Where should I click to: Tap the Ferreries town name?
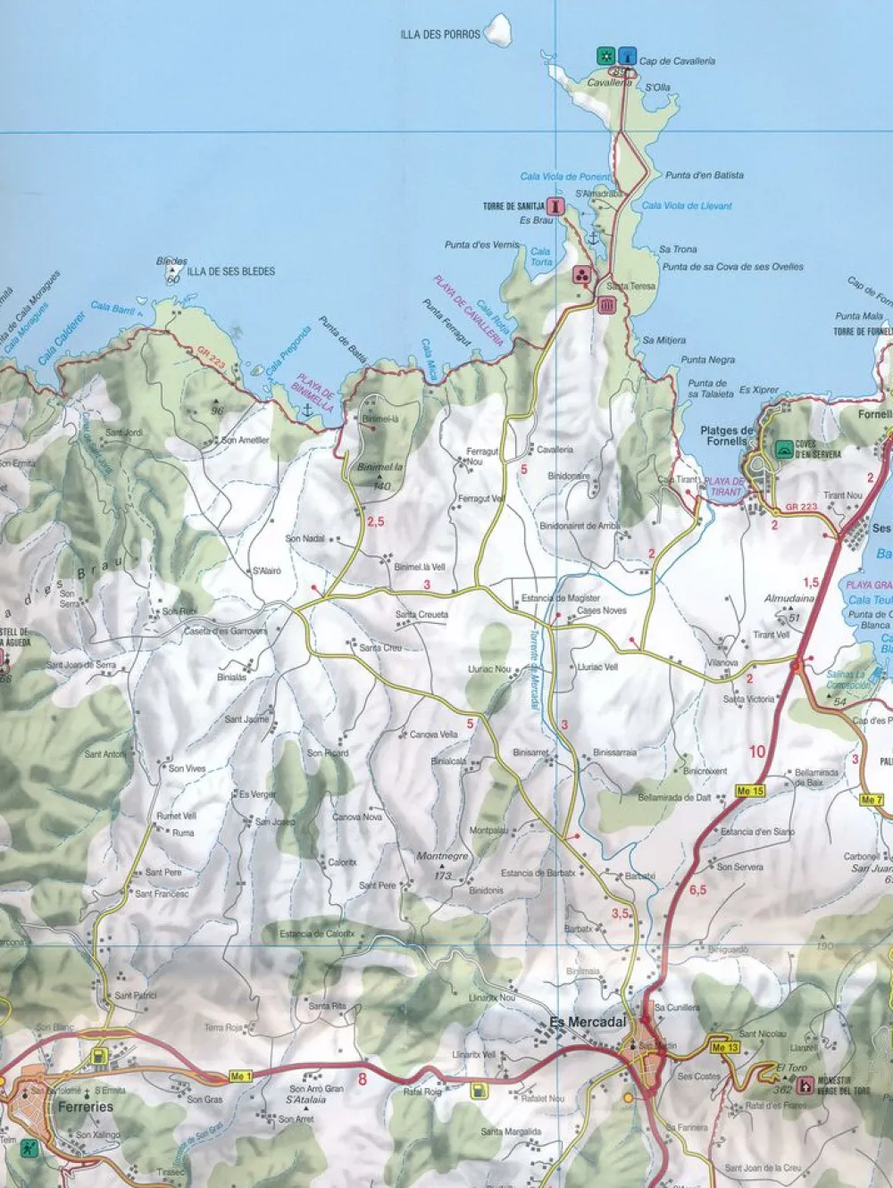(x=86, y=1107)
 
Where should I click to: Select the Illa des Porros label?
(x=440, y=35)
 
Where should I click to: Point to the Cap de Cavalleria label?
(x=678, y=62)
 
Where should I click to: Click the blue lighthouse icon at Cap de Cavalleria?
(x=628, y=55)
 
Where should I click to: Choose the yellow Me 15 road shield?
(x=751, y=791)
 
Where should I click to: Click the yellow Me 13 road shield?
(x=725, y=1047)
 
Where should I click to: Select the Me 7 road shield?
(x=872, y=800)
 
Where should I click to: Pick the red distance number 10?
(x=757, y=752)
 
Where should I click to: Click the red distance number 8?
(x=362, y=1080)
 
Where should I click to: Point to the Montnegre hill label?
(x=442, y=857)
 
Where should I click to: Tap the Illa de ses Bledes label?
(x=230, y=271)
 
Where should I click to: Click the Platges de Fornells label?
(x=727, y=436)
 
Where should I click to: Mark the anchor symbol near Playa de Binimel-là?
(x=306, y=410)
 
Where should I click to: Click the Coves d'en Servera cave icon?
(x=783, y=448)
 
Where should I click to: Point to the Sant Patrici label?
(x=136, y=995)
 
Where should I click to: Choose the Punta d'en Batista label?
(x=704, y=176)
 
